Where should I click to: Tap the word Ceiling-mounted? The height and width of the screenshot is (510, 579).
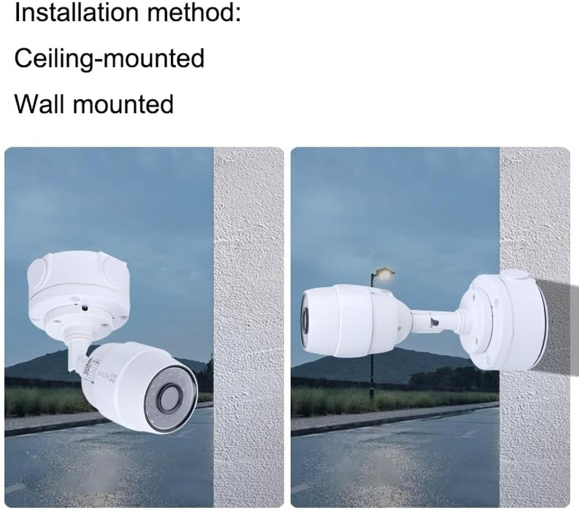click(109, 58)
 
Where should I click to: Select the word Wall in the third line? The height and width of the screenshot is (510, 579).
click(40, 103)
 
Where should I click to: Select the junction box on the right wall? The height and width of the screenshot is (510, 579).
click(504, 322)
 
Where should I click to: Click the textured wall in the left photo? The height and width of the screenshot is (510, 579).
click(249, 255)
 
